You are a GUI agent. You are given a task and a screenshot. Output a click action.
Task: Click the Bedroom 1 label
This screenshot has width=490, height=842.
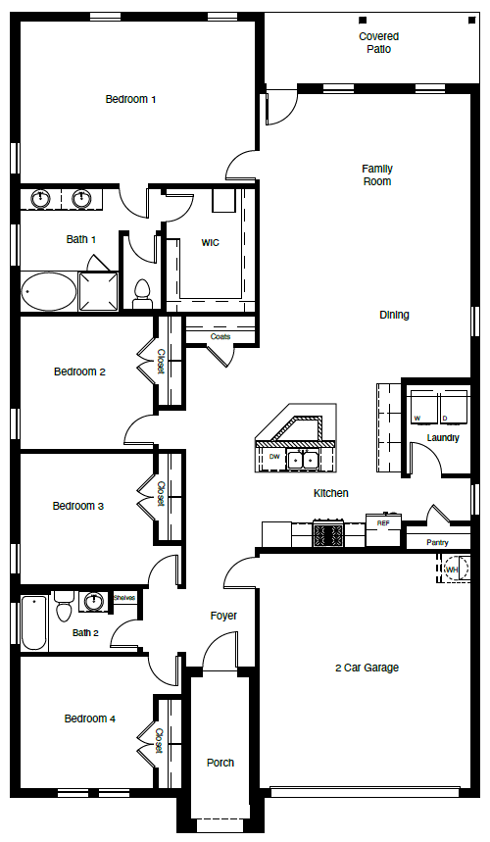click(x=131, y=99)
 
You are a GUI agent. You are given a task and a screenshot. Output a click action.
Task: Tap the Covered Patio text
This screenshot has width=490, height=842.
click(x=378, y=42)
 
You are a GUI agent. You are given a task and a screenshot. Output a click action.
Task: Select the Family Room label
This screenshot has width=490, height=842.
click(x=376, y=174)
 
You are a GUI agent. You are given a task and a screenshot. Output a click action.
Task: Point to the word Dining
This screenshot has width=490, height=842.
click(x=394, y=315)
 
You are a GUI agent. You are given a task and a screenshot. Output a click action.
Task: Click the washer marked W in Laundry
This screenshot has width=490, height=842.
click(x=421, y=405)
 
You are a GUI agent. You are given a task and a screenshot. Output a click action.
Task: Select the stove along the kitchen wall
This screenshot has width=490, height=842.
click(x=326, y=535)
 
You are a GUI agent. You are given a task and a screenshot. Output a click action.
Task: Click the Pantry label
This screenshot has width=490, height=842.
click(x=436, y=542)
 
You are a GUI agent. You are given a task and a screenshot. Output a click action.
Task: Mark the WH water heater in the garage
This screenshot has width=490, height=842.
click(x=453, y=568)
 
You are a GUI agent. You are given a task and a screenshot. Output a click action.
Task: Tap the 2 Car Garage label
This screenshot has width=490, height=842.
click(x=366, y=668)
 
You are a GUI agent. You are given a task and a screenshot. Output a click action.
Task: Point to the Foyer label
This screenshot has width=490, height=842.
click(x=223, y=616)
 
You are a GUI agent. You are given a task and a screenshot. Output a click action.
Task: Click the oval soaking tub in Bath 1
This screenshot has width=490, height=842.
click(x=48, y=291)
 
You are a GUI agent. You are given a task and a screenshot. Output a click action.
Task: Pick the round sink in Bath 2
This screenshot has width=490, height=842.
click(x=95, y=601)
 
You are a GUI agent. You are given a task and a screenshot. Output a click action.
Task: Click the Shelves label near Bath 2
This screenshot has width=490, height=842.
click(x=124, y=597)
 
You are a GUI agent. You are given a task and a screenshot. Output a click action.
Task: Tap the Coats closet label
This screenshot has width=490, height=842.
click(x=220, y=336)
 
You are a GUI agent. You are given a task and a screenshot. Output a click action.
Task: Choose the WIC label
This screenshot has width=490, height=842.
click(x=210, y=242)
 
